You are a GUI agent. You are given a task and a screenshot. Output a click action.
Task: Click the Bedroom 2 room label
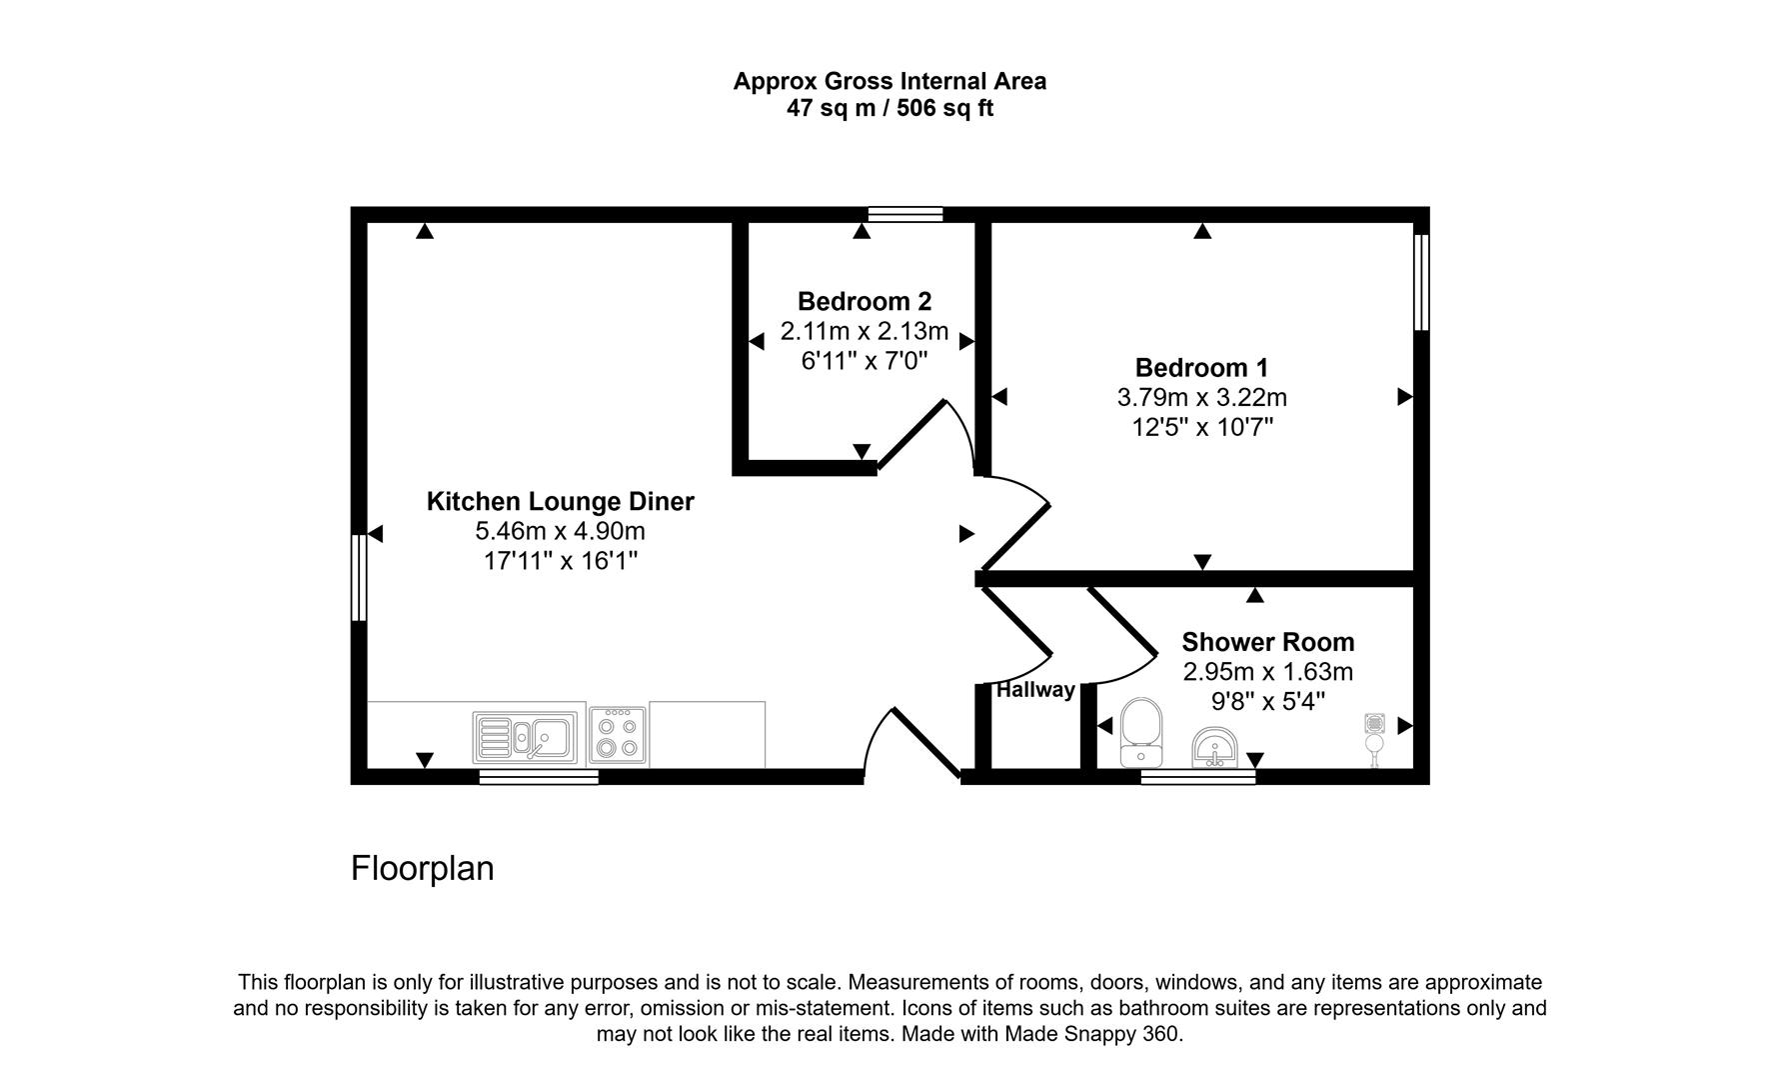(865, 301)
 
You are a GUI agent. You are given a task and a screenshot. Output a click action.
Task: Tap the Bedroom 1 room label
(1201, 367)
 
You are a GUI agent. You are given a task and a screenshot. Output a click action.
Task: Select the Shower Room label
(1267, 642)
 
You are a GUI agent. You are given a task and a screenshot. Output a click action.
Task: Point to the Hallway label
(1035, 690)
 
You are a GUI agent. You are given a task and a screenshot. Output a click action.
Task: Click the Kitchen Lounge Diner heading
(560, 501)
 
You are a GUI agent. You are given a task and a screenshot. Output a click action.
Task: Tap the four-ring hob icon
(617, 738)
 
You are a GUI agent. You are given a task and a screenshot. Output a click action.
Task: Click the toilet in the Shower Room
(1140, 732)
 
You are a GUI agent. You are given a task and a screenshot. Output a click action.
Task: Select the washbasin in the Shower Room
(1214, 747)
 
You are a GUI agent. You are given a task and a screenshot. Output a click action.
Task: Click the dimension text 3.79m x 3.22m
(1201, 397)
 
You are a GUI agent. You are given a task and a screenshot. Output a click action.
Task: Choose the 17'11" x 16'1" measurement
(560, 561)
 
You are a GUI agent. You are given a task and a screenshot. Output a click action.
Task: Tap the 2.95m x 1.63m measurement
(1267, 672)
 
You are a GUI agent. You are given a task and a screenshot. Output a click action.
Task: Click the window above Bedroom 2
(905, 213)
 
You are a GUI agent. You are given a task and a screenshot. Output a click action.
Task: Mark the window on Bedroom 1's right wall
(1421, 282)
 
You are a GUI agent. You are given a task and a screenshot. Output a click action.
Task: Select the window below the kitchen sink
(539, 777)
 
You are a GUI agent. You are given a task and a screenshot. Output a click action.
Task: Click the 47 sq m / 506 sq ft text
(890, 109)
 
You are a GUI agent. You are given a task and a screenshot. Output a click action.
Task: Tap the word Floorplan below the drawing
(422, 868)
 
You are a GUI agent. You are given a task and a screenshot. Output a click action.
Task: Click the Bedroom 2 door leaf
(911, 434)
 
